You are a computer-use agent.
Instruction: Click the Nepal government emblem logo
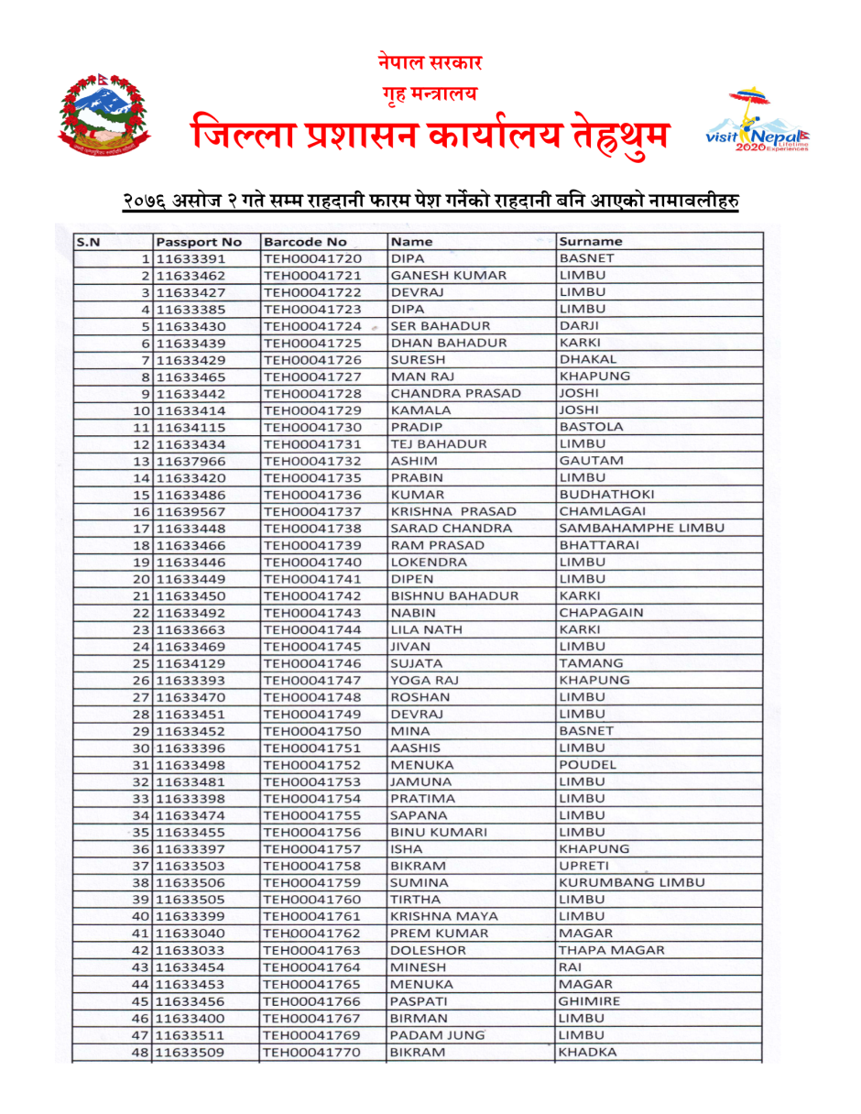pos(104,116)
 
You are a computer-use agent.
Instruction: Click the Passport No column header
pos(199,242)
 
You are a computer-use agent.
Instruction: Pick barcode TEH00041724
pos(312,326)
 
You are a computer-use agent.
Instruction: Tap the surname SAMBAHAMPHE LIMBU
pos(641,529)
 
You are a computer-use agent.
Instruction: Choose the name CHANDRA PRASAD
pos(455,393)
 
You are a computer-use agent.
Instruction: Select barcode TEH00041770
pos(312,1052)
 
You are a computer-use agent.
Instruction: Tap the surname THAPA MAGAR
pos(611,950)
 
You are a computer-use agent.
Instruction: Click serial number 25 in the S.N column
pos(141,663)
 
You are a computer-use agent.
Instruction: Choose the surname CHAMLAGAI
pos(602,511)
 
